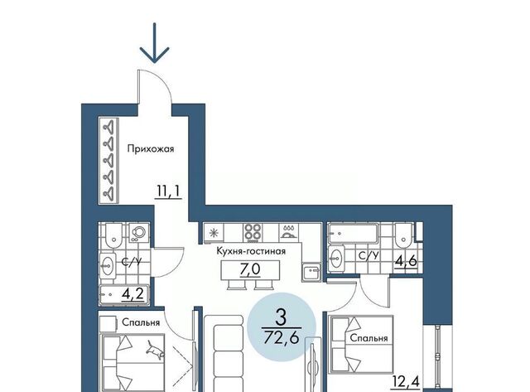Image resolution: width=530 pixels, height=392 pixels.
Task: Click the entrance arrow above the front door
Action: pyautogui.click(x=155, y=43)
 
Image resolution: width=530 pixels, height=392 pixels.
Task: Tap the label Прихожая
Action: pyautogui.click(x=151, y=149)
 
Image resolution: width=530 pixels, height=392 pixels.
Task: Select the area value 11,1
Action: pyautogui.click(x=169, y=191)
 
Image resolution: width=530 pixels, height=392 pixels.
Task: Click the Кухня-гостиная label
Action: pyautogui.click(x=251, y=251)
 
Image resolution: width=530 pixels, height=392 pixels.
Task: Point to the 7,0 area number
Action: pyautogui.click(x=250, y=269)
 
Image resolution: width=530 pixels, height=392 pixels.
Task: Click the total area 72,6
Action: pyautogui.click(x=282, y=337)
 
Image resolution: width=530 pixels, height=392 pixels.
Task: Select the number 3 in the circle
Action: pyautogui.click(x=281, y=317)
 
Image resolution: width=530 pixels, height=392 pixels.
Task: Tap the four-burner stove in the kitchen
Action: pyautogui.click(x=253, y=232)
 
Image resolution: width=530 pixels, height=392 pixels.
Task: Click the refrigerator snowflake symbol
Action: pyautogui.click(x=214, y=233)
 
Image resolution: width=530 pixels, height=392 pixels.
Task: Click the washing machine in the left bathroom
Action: pyautogui.click(x=139, y=232)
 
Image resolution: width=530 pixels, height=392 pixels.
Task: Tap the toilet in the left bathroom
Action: pyautogui.click(x=113, y=235)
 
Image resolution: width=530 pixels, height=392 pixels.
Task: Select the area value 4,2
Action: pyautogui.click(x=133, y=294)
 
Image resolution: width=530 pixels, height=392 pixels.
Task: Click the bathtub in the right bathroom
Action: pyautogui.click(x=353, y=233)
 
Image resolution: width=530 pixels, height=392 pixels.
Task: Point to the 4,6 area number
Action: pyautogui.click(x=407, y=261)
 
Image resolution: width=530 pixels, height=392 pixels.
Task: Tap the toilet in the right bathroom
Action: pyautogui.click(x=403, y=235)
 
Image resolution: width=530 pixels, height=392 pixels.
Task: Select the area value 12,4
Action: pyautogui.click(x=406, y=382)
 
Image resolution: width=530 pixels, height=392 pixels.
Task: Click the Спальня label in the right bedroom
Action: pyautogui.click(x=369, y=338)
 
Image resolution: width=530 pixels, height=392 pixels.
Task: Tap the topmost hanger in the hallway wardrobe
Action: pyautogui.click(x=108, y=127)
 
